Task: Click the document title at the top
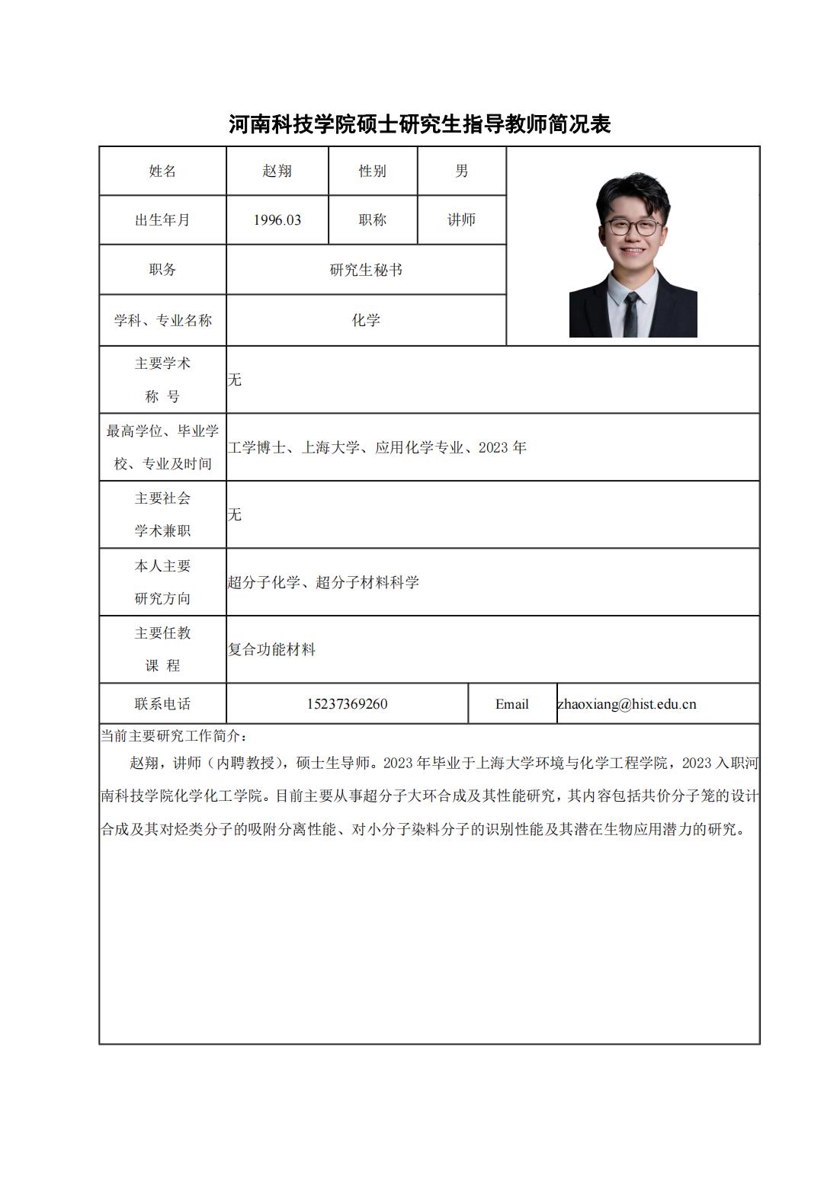[x=420, y=124]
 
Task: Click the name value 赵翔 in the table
[x=277, y=171]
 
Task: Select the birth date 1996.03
[x=277, y=220]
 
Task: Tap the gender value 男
[x=461, y=171]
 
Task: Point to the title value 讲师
[x=461, y=220]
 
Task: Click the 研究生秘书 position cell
[x=366, y=270]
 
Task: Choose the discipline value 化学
[x=366, y=320]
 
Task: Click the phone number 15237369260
[x=347, y=704]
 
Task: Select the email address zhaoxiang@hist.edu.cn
[x=627, y=704]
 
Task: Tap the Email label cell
[x=511, y=704]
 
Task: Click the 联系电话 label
[x=162, y=704]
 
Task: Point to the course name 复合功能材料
[x=272, y=650]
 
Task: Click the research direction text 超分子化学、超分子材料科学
[x=323, y=583]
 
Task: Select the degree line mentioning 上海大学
[x=377, y=448]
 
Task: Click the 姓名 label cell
[x=162, y=171]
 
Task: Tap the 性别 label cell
[x=372, y=171]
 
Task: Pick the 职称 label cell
[x=372, y=220]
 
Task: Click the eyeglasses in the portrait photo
[x=631, y=227]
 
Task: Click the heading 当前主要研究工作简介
[x=174, y=736]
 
